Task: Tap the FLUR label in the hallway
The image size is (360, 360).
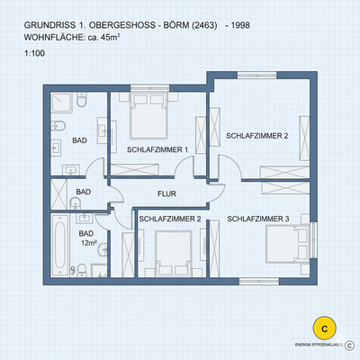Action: (x=166, y=193)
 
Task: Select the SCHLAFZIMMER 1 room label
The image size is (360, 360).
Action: (x=157, y=149)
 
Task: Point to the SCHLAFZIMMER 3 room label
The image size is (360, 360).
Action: (x=257, y=219)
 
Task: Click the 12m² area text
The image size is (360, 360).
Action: (x=88, y=243)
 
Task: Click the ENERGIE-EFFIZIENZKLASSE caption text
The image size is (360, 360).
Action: (x=318, y=344)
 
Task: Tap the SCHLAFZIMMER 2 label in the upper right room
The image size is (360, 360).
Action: (x=256, y=136)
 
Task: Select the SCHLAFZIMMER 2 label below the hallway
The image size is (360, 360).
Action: (x=169, y=219)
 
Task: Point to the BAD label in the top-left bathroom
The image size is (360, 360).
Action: (x=79, y=141)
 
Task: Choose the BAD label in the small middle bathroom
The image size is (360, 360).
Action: (x=83, y=193)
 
